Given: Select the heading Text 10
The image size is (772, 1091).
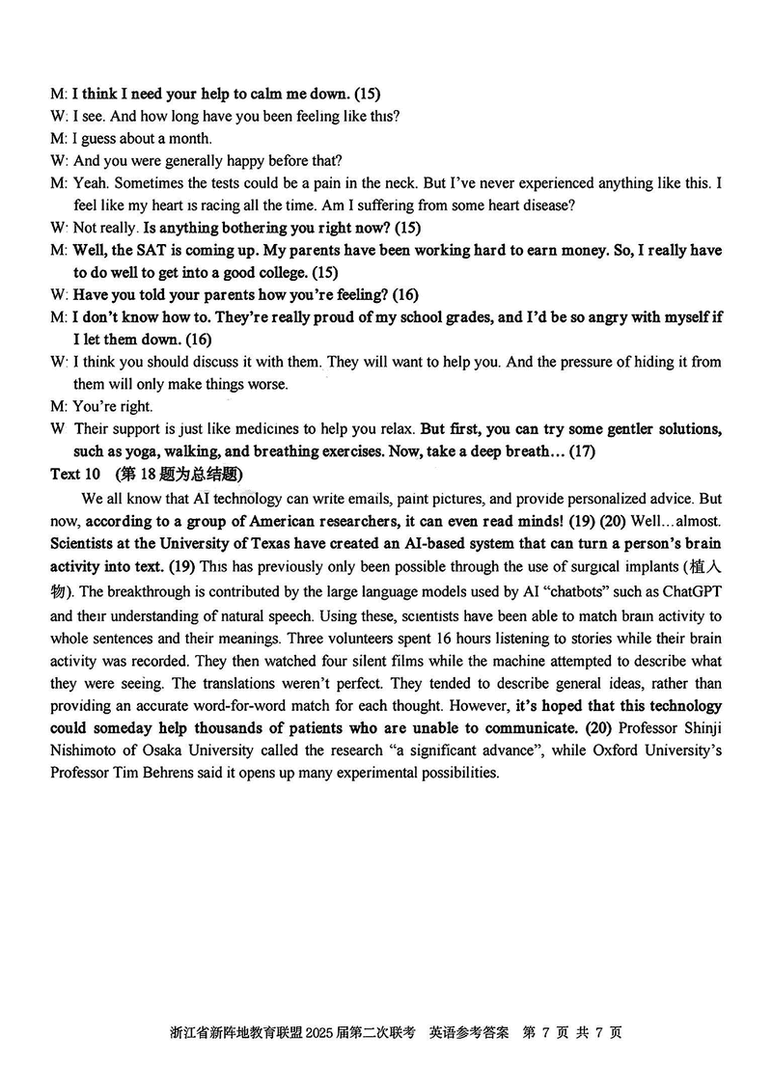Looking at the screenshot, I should [74, 474].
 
